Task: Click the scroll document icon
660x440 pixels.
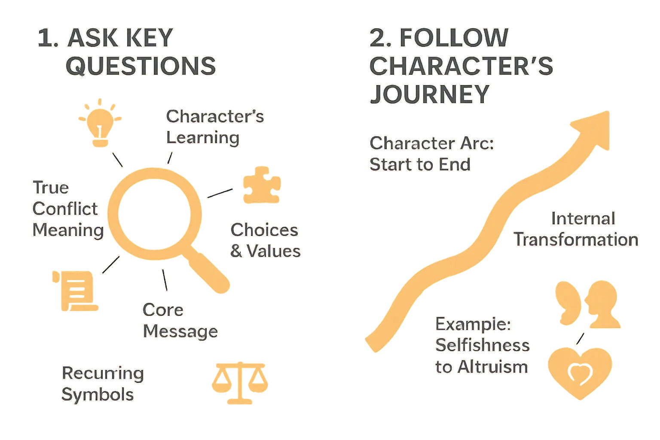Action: point(76,290)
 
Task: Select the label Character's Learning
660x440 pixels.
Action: point(214,127)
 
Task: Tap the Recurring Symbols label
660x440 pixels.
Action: point(102,384)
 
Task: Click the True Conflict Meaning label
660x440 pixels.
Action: point(67,209)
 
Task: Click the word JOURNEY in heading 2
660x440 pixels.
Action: point(429,93)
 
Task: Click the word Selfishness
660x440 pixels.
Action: point(482,345)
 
